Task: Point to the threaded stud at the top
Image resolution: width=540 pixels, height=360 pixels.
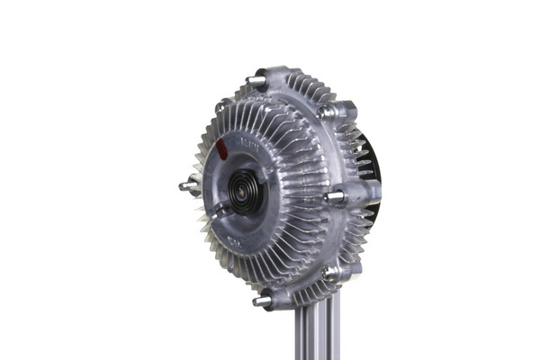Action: [x=256, y=81]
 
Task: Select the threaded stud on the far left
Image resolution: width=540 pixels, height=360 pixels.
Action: [x=187, y=186]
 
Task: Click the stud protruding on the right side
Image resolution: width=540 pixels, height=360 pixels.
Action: [x=335, y=195]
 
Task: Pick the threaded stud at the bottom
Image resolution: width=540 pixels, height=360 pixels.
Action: [x=261, y=301]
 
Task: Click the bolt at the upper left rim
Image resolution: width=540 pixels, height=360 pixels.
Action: [x=220, y=108]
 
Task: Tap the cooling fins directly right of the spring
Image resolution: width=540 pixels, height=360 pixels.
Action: [x=292, y=184]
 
